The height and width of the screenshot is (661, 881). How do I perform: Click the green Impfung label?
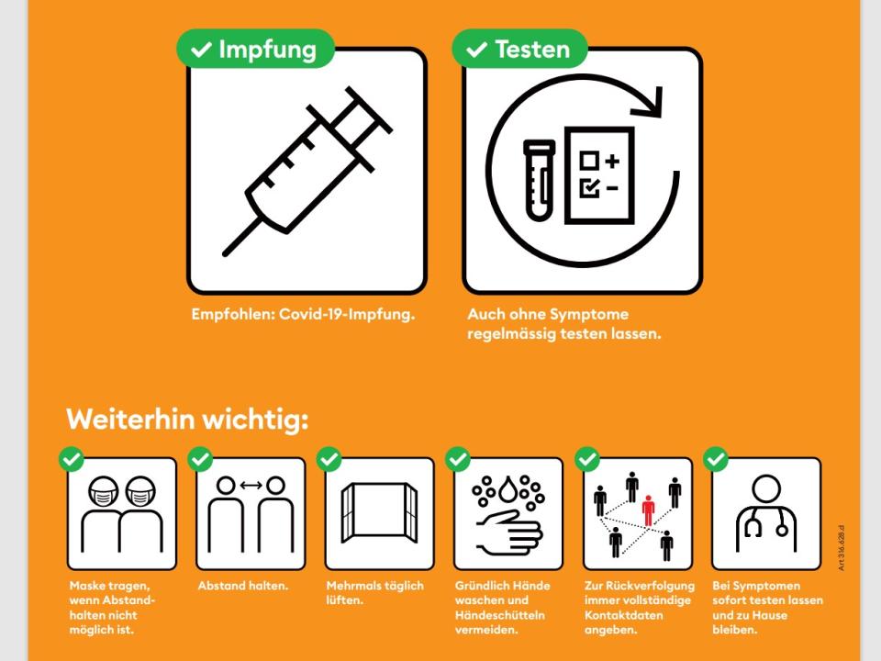pyautogui.click(x=256, y=49)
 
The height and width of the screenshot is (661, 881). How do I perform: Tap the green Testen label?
pyautogui.click(x=519, y=49)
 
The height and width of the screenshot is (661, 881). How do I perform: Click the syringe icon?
pyautogui.click(x=307, y=172)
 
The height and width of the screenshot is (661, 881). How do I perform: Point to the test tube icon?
pyautogui.click(x=540, y=180)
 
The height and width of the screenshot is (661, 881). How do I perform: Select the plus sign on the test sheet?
pyautogui.click(x=612, y=162)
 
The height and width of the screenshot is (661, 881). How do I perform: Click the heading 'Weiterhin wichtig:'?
pyautogui.click(x=187, y=420)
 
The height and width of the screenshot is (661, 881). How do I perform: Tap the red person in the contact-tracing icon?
pyautogui.click(x=649, y=510)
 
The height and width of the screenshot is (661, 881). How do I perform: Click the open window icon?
pyautogui.click(x=379, y=512)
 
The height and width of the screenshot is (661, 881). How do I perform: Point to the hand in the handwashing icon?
pyautogui.click(x=509, y=532)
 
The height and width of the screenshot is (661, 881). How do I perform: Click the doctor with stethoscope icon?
pyautogui.click(x=766, y=512)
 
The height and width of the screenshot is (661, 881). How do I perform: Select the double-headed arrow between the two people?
pyautogui.click(x=251, y=485)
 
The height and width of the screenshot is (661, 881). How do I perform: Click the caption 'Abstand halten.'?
pyautogui.click(x=242, y=586)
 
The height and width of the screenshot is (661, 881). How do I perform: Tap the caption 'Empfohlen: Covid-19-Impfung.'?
pyautogui.click(x=304, y=314)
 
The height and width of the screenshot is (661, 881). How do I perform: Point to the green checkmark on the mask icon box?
pyautogui.click(x=72, y=459)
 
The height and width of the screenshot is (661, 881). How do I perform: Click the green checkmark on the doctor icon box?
pyautogui.click(x=716, y=459)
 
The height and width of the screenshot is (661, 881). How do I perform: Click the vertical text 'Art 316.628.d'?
pyautogui.click(x=842, y=548)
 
